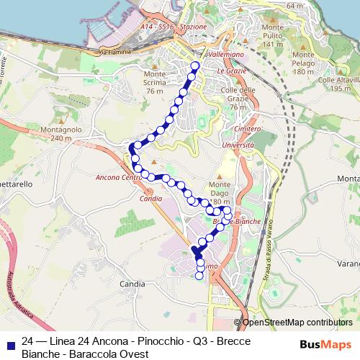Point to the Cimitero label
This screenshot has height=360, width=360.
(x=247, y=127)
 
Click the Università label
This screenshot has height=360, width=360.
(x=238, y=145)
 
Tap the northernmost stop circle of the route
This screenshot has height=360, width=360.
(x=194, y=67)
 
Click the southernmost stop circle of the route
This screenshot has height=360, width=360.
(x=200, y=276)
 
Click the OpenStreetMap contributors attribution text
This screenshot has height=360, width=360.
(x=297, y=323)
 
